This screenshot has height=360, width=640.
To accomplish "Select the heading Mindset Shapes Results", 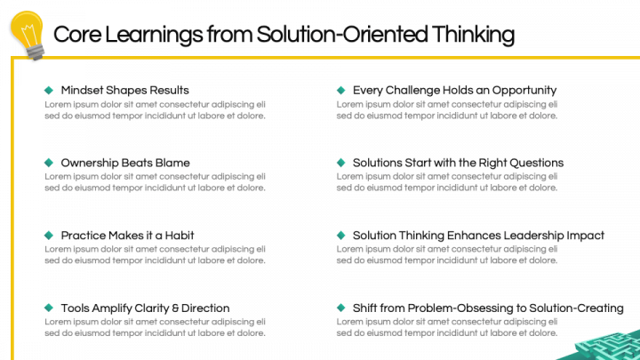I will (124, 90).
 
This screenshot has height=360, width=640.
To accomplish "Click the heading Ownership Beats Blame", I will (125, 163).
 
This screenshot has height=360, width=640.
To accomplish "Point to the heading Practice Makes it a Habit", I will (127, 236).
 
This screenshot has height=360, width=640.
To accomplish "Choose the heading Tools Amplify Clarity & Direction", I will (145, 308).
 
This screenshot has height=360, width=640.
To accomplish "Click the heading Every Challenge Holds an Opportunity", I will (454, 90).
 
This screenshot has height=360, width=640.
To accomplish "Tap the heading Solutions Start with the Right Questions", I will (458, 163).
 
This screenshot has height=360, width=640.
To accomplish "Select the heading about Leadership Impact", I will (478, 236).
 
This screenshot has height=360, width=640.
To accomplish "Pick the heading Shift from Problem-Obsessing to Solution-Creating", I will (488, 308).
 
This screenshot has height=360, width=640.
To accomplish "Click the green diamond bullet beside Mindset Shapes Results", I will (48, 90).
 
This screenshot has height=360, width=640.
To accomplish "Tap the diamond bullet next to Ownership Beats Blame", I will (48, 163).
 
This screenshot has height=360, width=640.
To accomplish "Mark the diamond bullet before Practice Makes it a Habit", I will (48, 236).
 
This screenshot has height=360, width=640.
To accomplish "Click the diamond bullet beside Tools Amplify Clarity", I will (48, 308).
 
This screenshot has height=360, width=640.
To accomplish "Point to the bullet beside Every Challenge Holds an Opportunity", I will (340, 90).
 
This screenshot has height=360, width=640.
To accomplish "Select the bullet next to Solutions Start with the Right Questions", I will (340, 163).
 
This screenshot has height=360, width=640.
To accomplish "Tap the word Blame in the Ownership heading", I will (172, 163).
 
